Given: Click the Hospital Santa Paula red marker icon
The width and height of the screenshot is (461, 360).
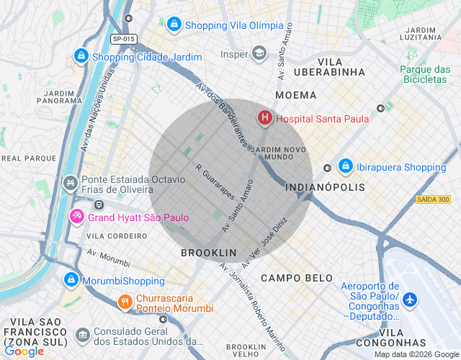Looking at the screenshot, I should (x=265, y=117).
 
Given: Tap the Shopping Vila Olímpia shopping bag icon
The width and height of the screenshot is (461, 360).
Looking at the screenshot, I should (x=174, y=25).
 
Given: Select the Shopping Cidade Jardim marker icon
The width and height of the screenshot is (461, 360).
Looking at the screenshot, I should (x=81, y=55).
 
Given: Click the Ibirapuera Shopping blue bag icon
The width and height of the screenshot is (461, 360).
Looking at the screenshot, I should (x=345, y=166).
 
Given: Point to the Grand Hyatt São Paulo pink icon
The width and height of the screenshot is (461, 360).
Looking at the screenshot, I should (x=77, y=216).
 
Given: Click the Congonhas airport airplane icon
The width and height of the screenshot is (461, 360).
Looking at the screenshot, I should (x=410, y=299).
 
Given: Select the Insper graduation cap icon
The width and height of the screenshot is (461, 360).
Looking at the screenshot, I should (x=259, y=53).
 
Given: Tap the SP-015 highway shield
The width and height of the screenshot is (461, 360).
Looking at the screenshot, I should (x=123, y=38).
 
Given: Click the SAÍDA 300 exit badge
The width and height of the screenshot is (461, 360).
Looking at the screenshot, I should (x=433, y=199).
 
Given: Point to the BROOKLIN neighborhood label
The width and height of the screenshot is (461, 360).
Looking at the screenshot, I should (x=208, y=253).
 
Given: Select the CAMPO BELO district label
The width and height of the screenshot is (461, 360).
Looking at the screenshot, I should (x=297, y=278).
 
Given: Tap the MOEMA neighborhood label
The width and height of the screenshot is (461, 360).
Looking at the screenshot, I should (x=295, y=95).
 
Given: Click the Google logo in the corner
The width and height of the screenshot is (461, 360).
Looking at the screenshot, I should (x=24, y=351).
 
